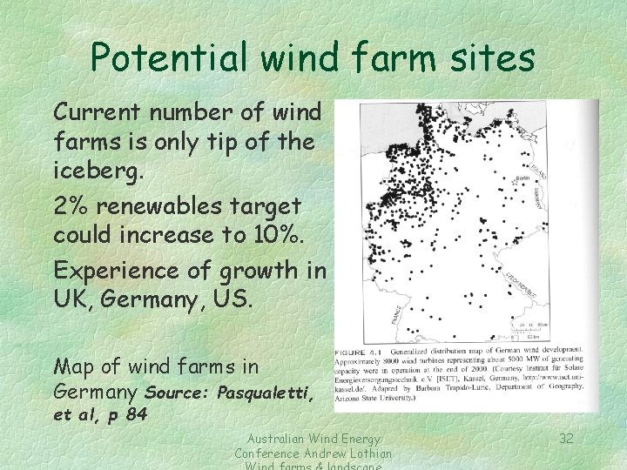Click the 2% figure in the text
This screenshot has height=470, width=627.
click(70, 207)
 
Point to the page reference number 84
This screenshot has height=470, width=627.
click(136, 414)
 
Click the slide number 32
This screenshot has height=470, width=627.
click(566, 438)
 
